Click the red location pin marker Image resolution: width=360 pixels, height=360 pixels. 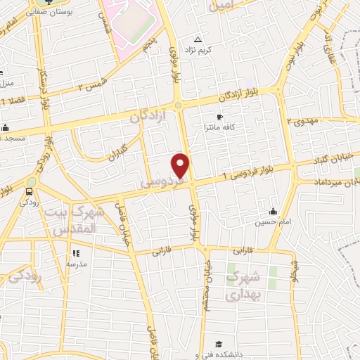click(181, 165)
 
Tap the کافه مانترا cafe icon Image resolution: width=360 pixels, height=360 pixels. click(219, 117)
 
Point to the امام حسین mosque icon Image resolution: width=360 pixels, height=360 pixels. click(273, 212)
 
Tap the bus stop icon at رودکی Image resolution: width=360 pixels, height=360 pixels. click(30, 191)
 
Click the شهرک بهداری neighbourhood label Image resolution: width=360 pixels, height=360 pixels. click(243, 285)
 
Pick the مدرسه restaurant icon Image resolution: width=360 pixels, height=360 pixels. click(76, 253)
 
